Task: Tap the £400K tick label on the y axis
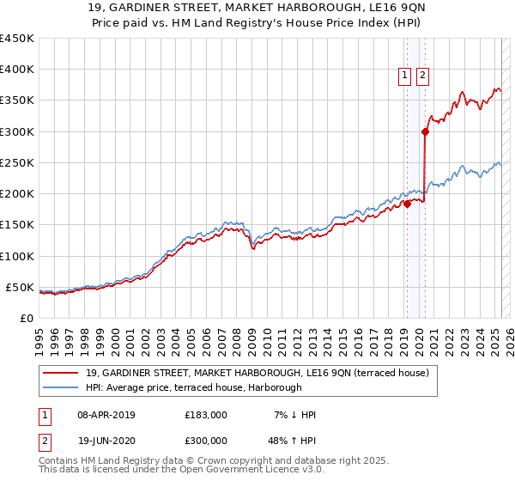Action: (x=16, y=70)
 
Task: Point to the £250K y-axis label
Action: (x=16, y=162)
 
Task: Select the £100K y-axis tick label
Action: (x=16, y=256)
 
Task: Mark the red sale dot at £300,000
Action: (x=425, y=131)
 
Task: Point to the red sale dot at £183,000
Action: (x=407, y=204)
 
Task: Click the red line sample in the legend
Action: (x=62, y=373)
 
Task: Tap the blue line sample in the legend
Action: (x=62, y=388)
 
